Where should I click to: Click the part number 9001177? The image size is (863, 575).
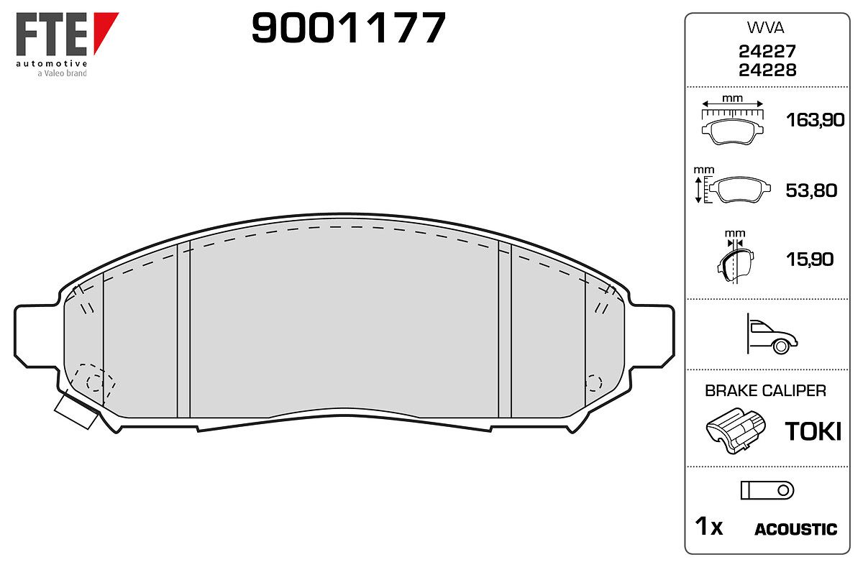348,27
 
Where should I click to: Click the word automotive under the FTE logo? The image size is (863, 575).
52,63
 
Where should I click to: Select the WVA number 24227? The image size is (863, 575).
767,51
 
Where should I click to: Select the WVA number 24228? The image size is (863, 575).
767,70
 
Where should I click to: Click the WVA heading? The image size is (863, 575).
765,28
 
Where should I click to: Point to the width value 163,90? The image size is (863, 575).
815,120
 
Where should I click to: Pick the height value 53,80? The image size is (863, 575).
811,190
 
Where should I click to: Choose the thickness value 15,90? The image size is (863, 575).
810,259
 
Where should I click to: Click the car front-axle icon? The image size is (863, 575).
772,334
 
